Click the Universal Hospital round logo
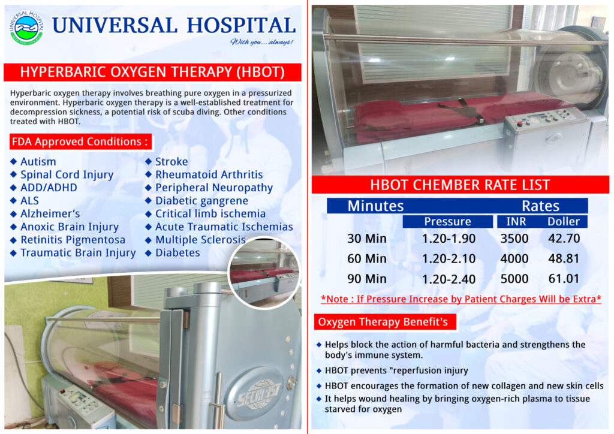coord(26,28)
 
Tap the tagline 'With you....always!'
coord(261,42)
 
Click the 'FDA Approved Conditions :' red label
coord(80,141)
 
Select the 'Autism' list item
coord(38,162)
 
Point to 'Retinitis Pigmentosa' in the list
coord(73,240)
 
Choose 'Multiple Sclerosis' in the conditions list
coord(200,240)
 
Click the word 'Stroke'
coord(171,162)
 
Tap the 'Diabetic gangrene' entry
coord(201,201)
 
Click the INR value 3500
coord(514,239)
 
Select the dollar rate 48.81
coord(564,259)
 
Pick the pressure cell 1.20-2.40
coord(449,279)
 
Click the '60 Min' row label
coord(367,259)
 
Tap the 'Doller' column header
coord(564,222)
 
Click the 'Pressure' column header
coord(447,222)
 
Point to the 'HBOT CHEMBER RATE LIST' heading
coord(460,185)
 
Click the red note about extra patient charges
coord(461,299)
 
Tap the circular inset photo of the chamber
coord(264,273)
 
